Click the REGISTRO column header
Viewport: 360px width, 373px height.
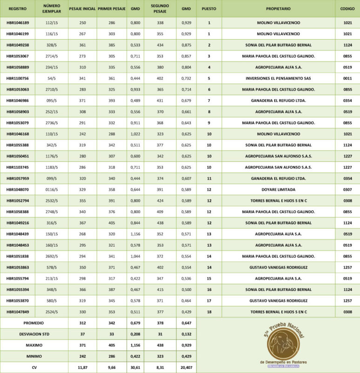(18, 9)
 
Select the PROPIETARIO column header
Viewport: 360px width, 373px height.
(278, 9)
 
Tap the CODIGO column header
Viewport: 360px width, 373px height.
(347, 9)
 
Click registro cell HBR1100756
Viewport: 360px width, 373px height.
(18, 78)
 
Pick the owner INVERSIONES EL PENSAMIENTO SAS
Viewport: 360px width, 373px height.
(278, 78)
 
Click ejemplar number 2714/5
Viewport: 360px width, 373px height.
(52, 56)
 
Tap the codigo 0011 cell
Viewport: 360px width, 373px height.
(347, 78)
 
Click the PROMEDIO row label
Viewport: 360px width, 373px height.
(34, 323)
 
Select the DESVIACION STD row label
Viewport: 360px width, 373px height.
(34, 334)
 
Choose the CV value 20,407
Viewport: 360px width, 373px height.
(186, 367)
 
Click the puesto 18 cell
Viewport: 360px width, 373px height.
(209, 312)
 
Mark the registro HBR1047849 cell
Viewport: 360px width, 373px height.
(18, 312)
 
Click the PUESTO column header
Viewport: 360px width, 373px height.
(209, 9)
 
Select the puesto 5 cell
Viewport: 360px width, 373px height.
(209, 78)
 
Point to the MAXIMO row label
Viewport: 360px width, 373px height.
(34, 345)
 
